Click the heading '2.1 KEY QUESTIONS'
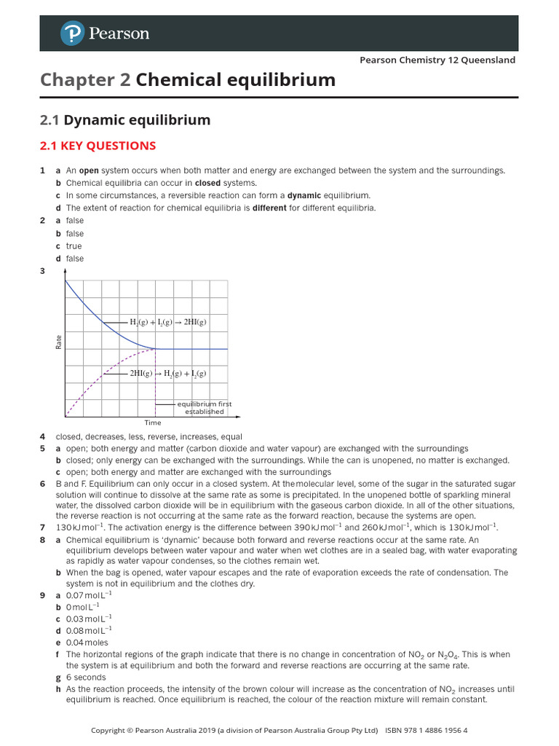coord(98,146)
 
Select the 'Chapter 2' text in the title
coord(85,80)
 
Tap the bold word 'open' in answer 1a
coord(89,170)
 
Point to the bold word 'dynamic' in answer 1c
coord(304,195)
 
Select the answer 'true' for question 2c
coord(74,246)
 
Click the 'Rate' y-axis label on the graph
coord(59,340)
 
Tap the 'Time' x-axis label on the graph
coord(153,423)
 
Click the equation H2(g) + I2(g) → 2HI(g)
coord(168,322)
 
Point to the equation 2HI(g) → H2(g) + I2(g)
coord(168,373)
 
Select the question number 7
coord(42,527)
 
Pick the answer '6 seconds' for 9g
coord(86,678)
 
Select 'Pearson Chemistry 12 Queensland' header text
coord(437,60)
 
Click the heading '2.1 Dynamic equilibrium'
coord(124,119)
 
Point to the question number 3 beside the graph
coord(42,272)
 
